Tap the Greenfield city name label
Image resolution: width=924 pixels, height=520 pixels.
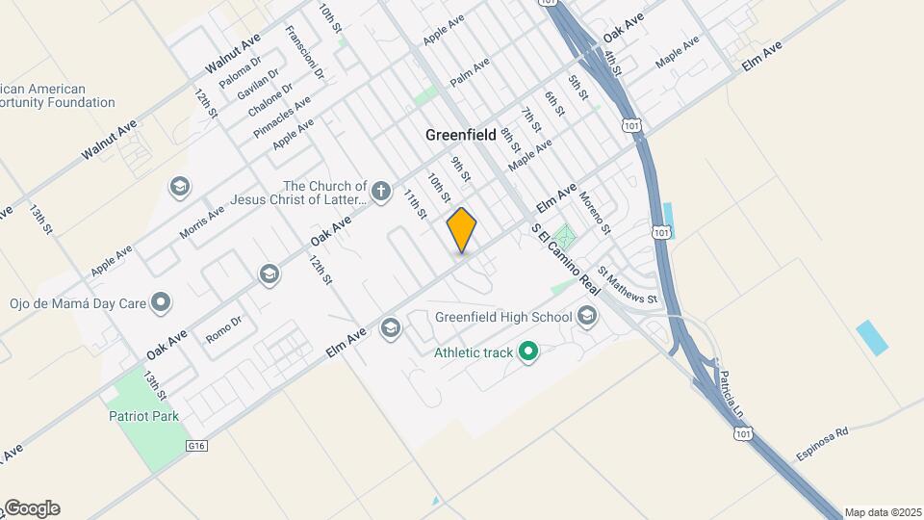pos(461,136)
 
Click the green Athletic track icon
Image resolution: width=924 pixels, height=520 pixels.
pos(527,352)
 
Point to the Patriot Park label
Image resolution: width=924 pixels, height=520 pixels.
pos(143,416)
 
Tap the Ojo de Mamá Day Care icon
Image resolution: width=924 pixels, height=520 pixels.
pos(162,303)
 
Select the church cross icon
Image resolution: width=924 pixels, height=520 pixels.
pos(381,190)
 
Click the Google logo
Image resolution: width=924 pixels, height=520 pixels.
pos(31,508)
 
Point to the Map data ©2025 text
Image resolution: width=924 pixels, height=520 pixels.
pos(883,512)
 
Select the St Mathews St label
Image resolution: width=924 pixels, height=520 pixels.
pos(628,286)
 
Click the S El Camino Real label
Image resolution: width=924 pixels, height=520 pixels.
pos(566,260)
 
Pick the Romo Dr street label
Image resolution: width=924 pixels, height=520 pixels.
pos(223,329)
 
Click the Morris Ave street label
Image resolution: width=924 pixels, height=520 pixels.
pos(202,221)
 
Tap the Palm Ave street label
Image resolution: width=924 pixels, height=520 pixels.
pos(470,71)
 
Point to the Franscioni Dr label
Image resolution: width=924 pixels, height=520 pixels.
pos(305,53)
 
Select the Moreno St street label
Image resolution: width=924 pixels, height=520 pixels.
pos(595,213)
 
